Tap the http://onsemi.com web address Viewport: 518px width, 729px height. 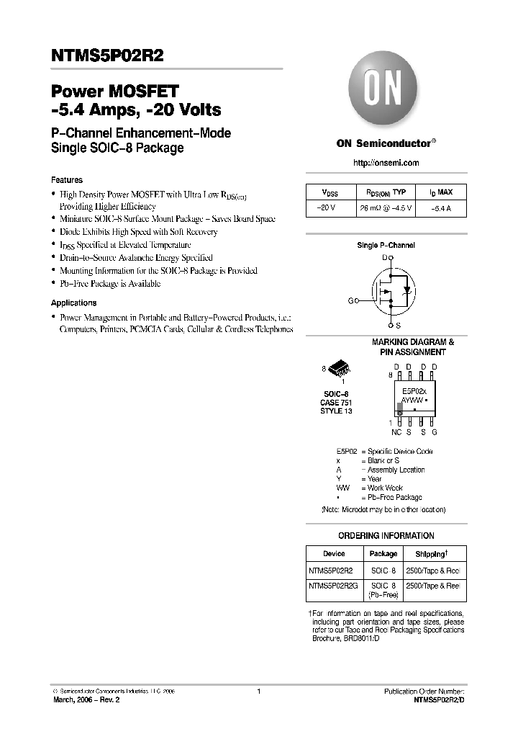point(386,164)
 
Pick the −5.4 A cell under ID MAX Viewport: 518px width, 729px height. point(442,209)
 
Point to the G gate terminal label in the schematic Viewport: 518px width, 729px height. point(350,300)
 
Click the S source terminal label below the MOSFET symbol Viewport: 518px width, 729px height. point(398,326)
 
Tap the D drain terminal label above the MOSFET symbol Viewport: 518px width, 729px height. point(386,256)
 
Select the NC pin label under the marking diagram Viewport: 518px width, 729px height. point(396,432)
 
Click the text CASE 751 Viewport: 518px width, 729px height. point(336,402)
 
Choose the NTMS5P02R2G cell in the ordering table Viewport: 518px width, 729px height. point(332,586)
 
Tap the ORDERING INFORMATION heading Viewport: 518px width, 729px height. point(386,536)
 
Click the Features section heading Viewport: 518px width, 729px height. point(67,180)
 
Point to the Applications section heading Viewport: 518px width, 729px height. point(73,303)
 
